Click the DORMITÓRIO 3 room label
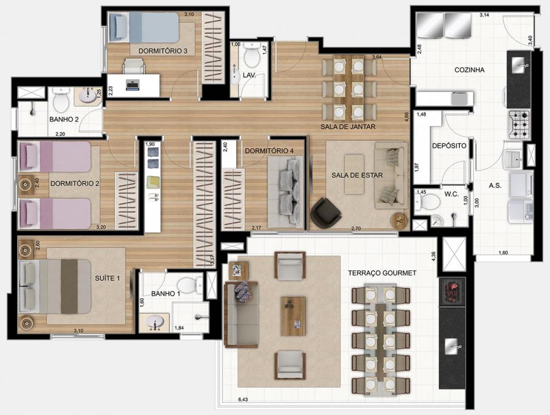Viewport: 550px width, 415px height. [163, 51]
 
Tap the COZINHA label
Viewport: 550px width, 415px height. [469, 70]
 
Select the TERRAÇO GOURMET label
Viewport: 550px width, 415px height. [382, 273]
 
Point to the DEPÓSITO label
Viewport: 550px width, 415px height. [449, 146]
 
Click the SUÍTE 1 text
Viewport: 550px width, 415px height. [107, 278]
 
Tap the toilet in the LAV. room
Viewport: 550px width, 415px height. [251, 56]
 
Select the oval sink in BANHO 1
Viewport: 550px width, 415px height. [154, 322]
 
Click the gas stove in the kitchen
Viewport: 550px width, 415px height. [519, 124]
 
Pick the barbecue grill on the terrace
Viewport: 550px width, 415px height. [452, 291]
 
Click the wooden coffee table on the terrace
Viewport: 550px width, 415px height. [293, 316]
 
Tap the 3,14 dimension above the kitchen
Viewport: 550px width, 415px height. [484, 15]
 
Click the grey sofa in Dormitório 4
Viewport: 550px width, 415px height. [286, 192]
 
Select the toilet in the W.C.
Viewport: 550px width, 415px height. [428, 202]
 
